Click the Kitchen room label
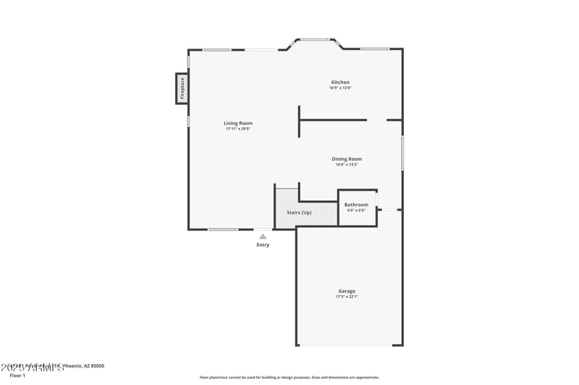[x=340, y=82]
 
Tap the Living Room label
[x=237, y=124]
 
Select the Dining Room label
[x=347, y=159]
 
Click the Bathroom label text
[x=356, y=205]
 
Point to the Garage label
[x=347, y=291]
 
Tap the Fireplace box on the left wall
[x=182, y=88]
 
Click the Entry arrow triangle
[x=263, y=236]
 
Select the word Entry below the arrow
[x=263, y=245]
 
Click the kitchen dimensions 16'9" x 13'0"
[x=340, y=88]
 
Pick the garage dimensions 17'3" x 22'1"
[x=347, y=297]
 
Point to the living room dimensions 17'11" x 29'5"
[x=237, y=129]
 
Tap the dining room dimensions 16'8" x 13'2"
[x=347, y=165]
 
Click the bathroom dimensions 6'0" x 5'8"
[x=356, y=210]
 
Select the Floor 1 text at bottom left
[x=17, y=376]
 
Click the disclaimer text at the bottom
[x=289, y=377]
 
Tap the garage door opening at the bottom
[x=349, y=345]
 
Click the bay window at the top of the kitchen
[x=315, y=40]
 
